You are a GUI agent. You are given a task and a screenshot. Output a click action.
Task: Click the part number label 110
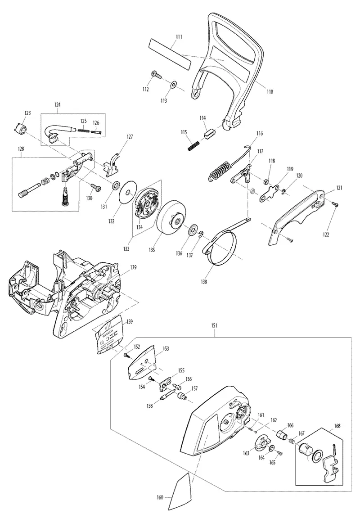pyautogui.click(x=270, y=92)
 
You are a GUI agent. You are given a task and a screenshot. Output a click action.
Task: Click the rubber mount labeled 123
pyautogui.click(x=20, y=128)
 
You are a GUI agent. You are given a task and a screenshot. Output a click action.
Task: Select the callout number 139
pyautogui.click(x=133, y=267)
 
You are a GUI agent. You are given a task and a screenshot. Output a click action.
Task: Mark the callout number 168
pyautogui.click(x=337, y=426)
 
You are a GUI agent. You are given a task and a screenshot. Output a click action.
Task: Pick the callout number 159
pyautogui.click(x=129, y=321)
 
